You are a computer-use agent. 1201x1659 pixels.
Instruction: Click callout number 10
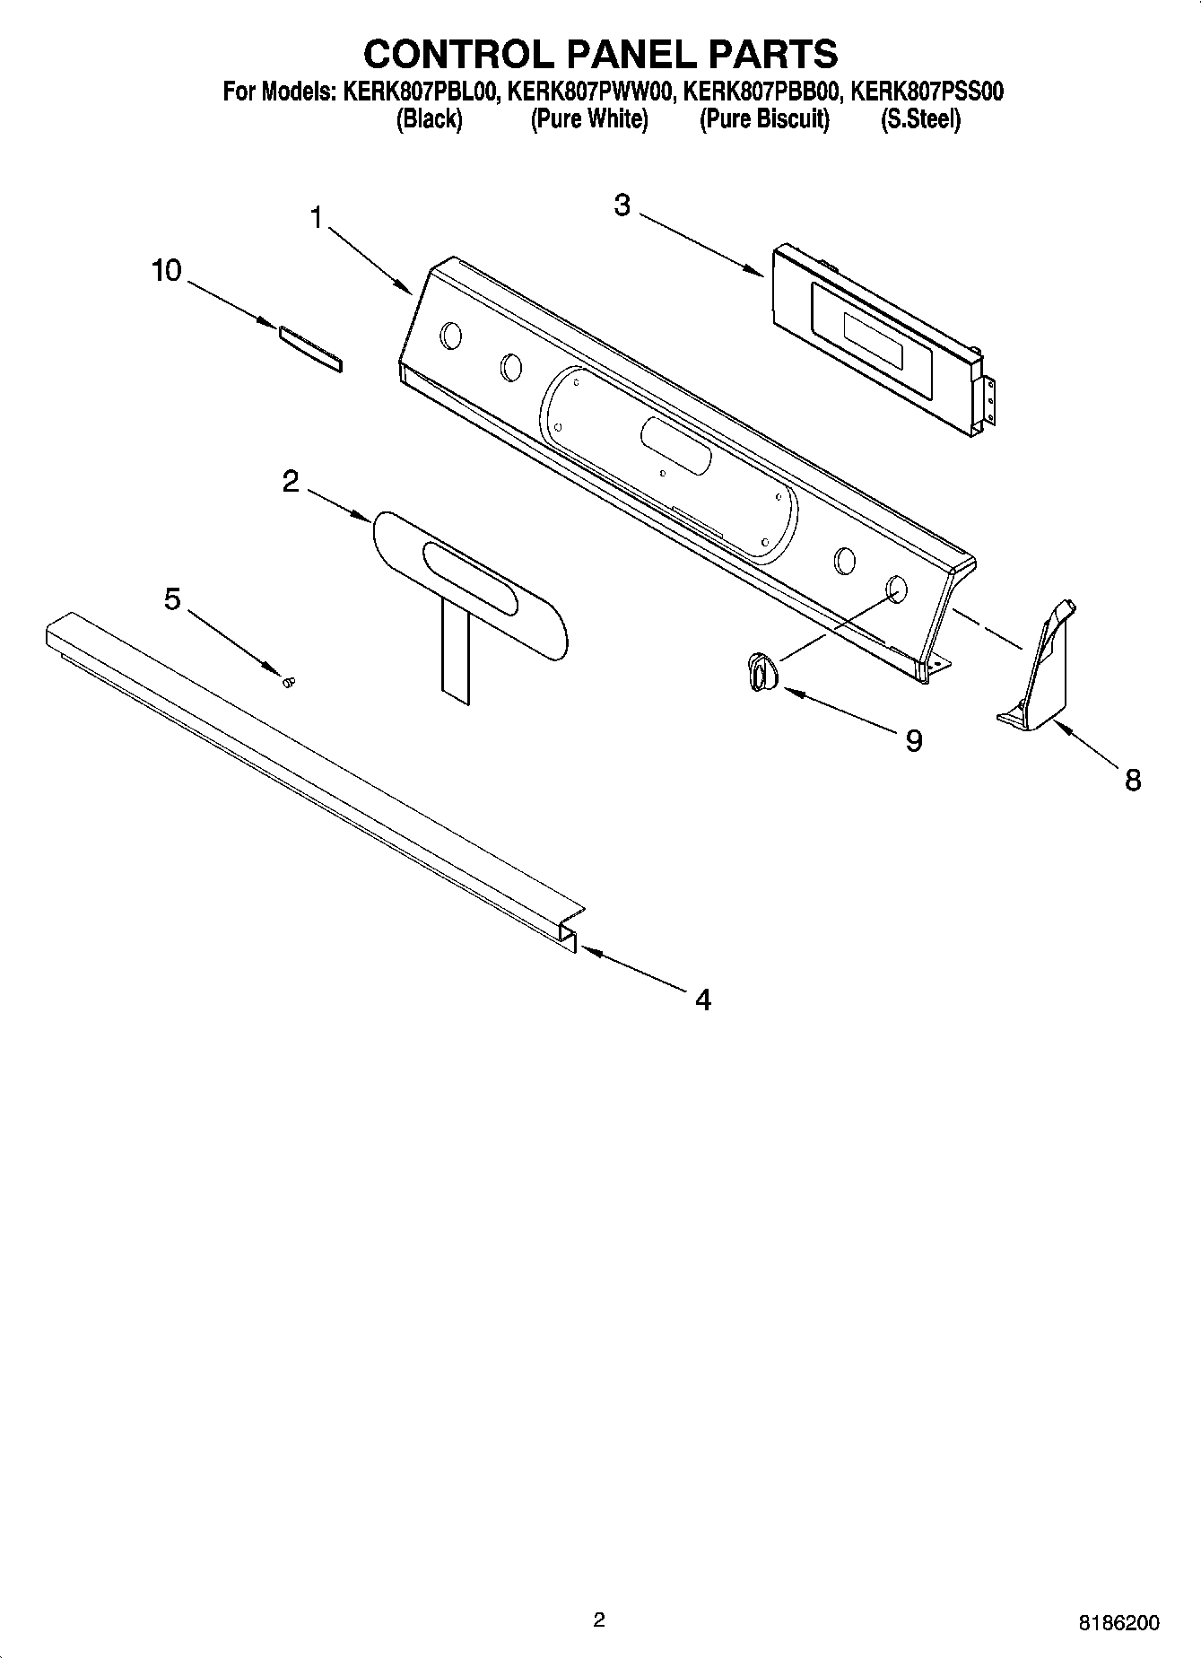(167, 270)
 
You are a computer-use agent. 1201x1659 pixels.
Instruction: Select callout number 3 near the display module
(622, 205)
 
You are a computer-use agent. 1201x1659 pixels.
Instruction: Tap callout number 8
(1133, 780)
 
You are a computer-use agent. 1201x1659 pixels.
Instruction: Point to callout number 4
(703, 999)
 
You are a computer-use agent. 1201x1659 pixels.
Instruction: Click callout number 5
(172, 598)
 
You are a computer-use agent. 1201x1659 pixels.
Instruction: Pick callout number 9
(913, 740)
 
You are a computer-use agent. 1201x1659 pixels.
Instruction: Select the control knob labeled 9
(760, 672)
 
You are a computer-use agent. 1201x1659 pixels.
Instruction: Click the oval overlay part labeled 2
(470, 584)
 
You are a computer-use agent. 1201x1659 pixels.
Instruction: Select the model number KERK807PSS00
(927, 92)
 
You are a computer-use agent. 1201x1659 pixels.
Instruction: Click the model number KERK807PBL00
(419, 92)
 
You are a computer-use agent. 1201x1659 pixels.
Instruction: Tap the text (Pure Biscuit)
(764, 118)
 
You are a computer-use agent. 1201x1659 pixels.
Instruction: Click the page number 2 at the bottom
(599, 1620)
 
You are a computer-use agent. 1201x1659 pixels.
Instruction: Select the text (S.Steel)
(920, 118)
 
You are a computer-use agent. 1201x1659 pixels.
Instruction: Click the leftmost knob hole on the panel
(451, 336)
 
